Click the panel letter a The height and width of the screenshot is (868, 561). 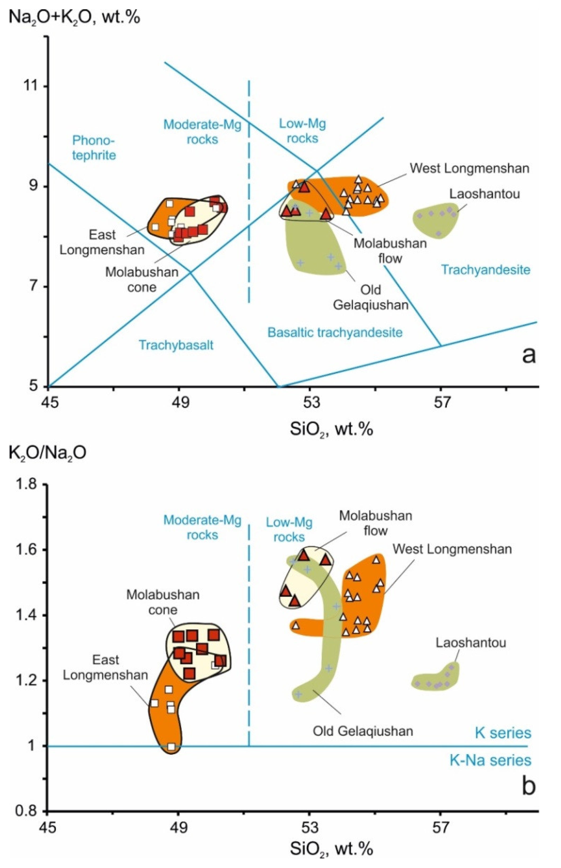pyautogui.click(x=529, y=355)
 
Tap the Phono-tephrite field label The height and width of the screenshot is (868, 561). pyautogui.click(x=94, y=148)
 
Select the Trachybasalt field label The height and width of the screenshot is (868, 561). pyautogui.click(x=176, y=345)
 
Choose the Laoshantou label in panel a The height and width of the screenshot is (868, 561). pyautogui.click(x=484, y=194)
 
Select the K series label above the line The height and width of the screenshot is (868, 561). pyautogui.click(x=503, y=733)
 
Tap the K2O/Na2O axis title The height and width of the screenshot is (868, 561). pyautogui.click(x=47, y=453)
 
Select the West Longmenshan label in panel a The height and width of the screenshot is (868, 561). pyautogui.click(x=470, y=168)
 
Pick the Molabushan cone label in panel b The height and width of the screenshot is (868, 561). pyautogui.click(x=163, y=603)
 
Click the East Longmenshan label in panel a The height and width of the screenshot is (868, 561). pyautogui.click(x=102, y=242)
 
